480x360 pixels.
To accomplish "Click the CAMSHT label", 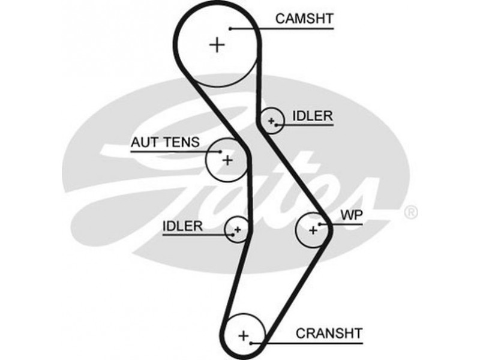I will coord(304,19).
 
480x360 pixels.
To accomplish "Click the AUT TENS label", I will coord(161,143).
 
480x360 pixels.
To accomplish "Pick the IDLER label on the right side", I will coord(312,116).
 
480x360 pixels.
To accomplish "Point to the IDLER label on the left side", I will coord(182,226).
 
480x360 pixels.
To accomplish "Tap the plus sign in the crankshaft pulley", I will coord(243,335).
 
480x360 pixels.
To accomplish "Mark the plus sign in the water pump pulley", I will coord(313,230).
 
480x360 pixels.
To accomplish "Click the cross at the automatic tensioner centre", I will coord(227,160).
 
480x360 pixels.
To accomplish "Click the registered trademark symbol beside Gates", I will coord(411,212).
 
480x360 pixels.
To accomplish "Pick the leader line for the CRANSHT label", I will coord(312,343).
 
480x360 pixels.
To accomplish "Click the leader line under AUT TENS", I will coord(174,151).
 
